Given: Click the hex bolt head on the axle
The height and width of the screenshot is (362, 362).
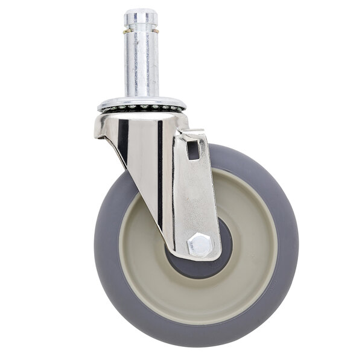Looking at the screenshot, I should pyautogui.click(x=199, y=244).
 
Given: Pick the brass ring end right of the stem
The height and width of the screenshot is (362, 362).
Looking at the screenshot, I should pyautogui.click(x=157, y=30).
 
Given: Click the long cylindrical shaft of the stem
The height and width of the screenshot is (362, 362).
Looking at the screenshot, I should pyautogui.click(x=142, y=66).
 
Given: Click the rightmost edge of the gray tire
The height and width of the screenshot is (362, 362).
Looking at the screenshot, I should pyautogui.click(x=297, y=241).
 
